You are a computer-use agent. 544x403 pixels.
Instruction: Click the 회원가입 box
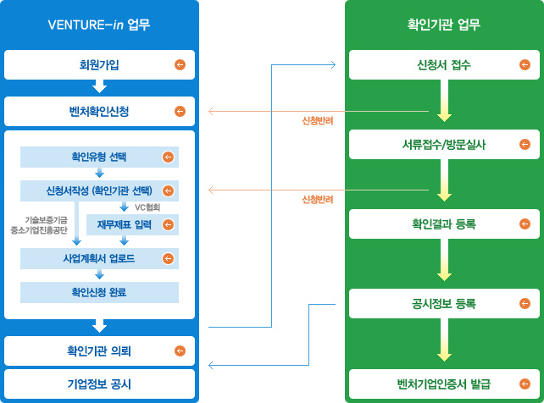(x=99, y=64)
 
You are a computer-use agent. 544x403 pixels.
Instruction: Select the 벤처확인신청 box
(x=99, y=111)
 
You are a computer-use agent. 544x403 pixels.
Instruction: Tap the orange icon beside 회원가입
(x=179, y=64)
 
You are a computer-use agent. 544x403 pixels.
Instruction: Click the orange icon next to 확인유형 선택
(x=167, y=157)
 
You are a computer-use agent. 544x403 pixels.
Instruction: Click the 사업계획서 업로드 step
(x=99, y=258)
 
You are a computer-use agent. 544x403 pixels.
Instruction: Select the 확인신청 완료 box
(x=99, y=292)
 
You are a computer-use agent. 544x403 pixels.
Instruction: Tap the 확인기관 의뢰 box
(x=99, y=351)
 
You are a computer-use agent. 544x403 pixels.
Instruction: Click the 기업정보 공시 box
(x=99, y=383)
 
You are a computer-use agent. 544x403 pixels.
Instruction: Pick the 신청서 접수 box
(x=444, y=65)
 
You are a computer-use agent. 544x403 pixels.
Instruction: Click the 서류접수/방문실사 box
(x=444, y=144)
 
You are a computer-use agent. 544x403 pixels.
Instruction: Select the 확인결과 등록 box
(x=444, y=224)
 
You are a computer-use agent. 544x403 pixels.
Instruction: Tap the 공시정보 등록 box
(x=444, y=303)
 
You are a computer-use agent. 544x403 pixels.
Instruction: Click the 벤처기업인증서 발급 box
(x=444, y=384)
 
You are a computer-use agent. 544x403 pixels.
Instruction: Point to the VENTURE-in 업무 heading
(x=99, y=25)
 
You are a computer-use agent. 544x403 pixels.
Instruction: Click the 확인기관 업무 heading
(x=444, y=25)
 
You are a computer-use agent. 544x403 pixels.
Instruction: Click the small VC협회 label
(x=147, y=207)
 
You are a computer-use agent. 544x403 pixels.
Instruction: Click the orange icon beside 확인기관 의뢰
(x=179, y=351)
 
